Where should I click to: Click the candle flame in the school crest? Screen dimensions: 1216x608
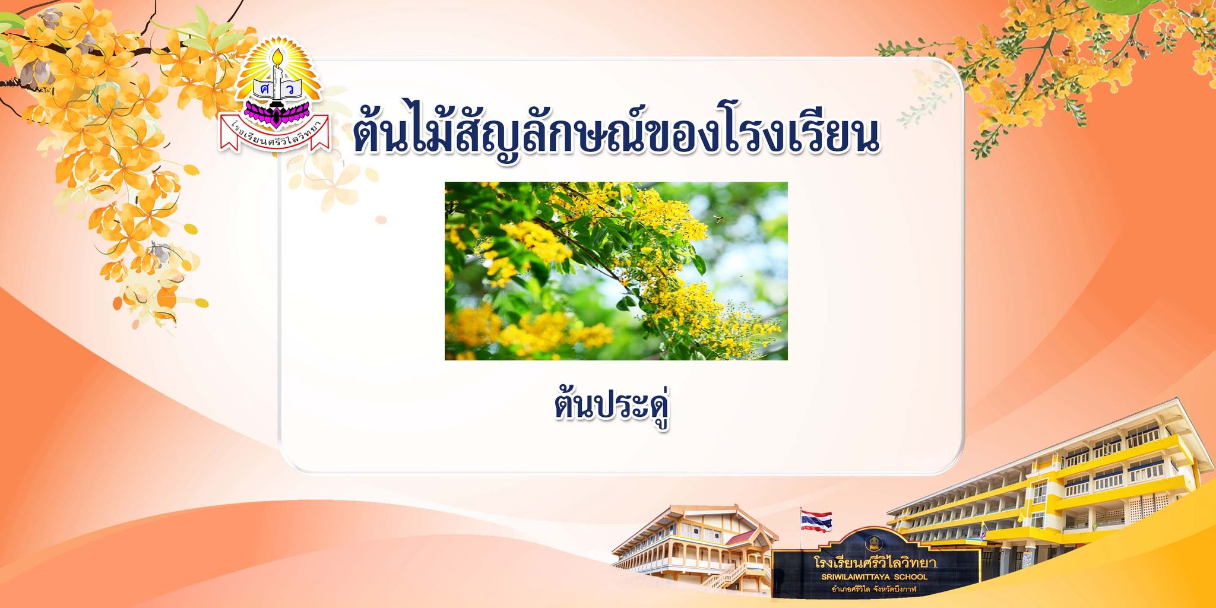tap(277, 57)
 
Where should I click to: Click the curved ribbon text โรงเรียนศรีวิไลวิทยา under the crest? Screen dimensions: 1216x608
tap(274, 132)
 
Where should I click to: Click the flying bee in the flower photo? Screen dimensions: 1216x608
tap(720, 218)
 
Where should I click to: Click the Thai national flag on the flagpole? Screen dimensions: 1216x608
tap(816, 521)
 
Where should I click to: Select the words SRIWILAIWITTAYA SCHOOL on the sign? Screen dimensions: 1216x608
tap(874, 577)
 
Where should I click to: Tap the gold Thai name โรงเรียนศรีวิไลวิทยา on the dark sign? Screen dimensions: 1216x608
tap(875, 562)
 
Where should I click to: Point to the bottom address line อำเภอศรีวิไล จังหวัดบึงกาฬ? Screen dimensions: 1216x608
tap(874, 589)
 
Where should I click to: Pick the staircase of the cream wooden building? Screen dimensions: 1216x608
tap(724, 576)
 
